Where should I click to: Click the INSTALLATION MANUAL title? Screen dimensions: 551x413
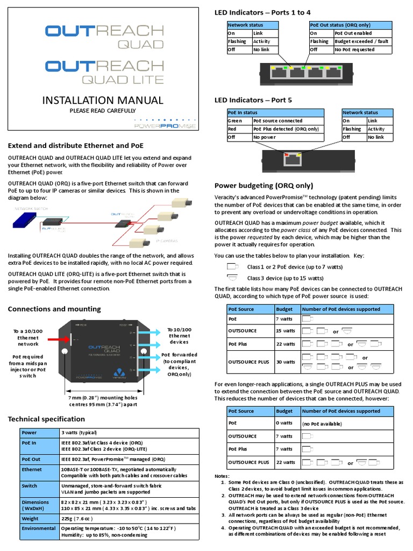pos(102,100)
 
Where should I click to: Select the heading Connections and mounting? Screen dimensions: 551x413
pos(54,309)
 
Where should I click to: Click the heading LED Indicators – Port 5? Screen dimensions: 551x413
pos(253,100)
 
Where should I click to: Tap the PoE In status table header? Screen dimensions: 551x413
pos(243,113)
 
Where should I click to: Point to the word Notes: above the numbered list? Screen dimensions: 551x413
pos(222,476)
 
